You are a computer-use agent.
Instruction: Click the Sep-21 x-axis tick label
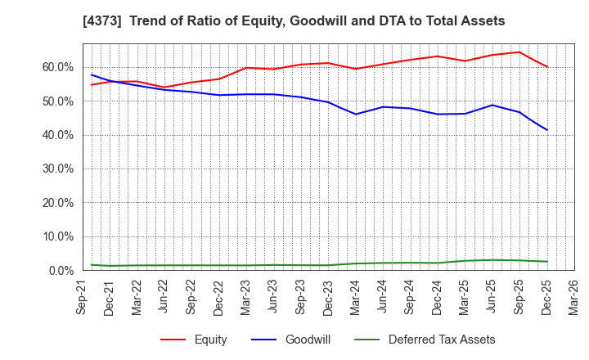pyautogui.click(x=83, y=297)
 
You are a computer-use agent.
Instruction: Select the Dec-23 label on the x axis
pyautogui.click(x=328, y=297)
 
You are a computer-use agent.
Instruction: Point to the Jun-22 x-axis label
pyautogui.click(x=164, y=297)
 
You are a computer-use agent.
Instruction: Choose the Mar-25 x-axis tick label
pyautogui.click(x=465, y=297)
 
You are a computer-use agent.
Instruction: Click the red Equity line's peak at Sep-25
pyautogui.click(x=519, y=52)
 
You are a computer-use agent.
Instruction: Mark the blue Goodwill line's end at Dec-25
pyautogui.click(x=547, y=130)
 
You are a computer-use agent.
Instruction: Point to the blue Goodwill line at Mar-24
pyautogui.click(x=355, y=114)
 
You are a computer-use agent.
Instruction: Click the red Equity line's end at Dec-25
pyautogui.click(x=547, y=67)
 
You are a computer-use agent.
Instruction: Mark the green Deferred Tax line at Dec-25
pyautogui.click(x=547, y=262)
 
